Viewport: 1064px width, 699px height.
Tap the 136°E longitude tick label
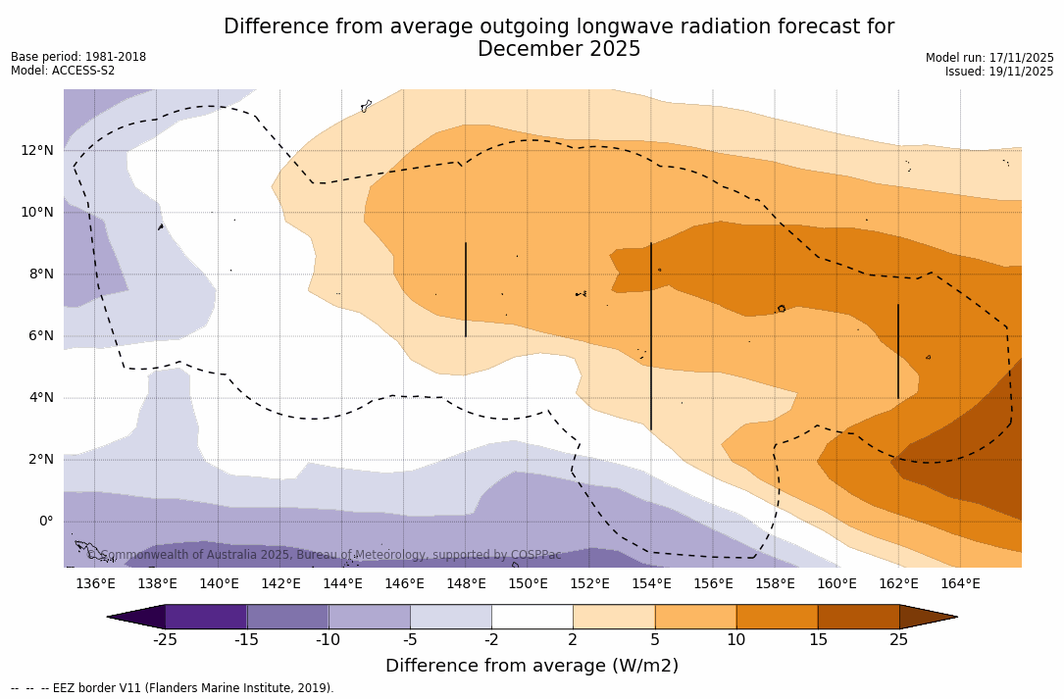click(95, 584)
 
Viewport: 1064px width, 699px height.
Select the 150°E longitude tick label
click(528, 584)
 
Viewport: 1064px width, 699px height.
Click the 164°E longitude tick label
click(960, 584)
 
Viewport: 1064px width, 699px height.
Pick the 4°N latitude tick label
click(42, 397)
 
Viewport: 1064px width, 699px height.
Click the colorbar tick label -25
click(165, 640)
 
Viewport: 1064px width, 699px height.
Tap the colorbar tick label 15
click(817, 640)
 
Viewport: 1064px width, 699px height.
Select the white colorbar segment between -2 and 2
click(532, 617)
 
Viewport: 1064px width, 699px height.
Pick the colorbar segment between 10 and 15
click(777, 617)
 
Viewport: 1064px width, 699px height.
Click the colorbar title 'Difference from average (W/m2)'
click(532, 667)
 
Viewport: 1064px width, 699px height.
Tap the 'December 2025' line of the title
click(559, 50)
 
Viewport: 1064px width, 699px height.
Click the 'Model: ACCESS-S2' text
click(63, 71)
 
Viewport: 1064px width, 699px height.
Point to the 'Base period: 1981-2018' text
click(78, 57)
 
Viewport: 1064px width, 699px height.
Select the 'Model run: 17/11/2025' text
click(989, 58)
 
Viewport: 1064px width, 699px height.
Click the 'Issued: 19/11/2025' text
click(999, 72)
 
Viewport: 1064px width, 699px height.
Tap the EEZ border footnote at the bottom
click(173, 688)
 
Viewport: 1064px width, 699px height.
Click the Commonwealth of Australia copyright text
click(324, 555)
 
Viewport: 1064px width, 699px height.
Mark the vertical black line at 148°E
click(466, 289)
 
